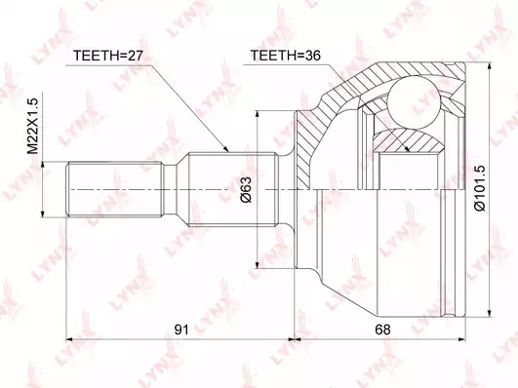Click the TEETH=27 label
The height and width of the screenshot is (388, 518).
107,56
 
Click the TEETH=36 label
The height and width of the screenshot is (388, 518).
286,56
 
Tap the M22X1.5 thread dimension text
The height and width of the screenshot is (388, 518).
33,126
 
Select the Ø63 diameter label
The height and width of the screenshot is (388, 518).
246,189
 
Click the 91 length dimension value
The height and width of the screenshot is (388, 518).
181,330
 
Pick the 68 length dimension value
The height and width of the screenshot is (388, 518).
382,330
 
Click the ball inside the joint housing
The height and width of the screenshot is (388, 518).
414,101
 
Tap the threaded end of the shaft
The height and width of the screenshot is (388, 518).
115,189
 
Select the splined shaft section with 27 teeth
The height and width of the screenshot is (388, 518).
232,189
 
